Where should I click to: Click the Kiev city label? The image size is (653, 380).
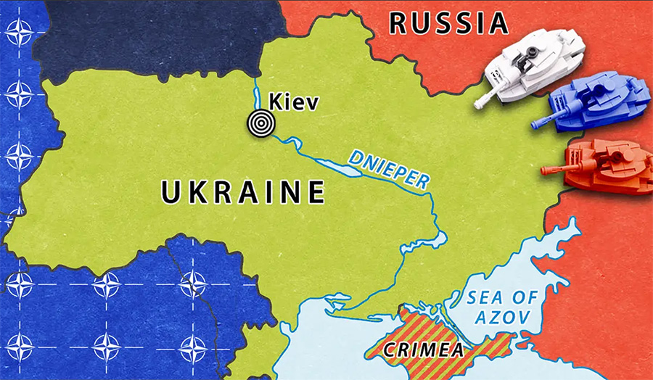click(294, 102)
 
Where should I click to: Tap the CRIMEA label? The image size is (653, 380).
click(424, 349)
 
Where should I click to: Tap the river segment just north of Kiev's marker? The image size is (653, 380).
click(255, 94)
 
